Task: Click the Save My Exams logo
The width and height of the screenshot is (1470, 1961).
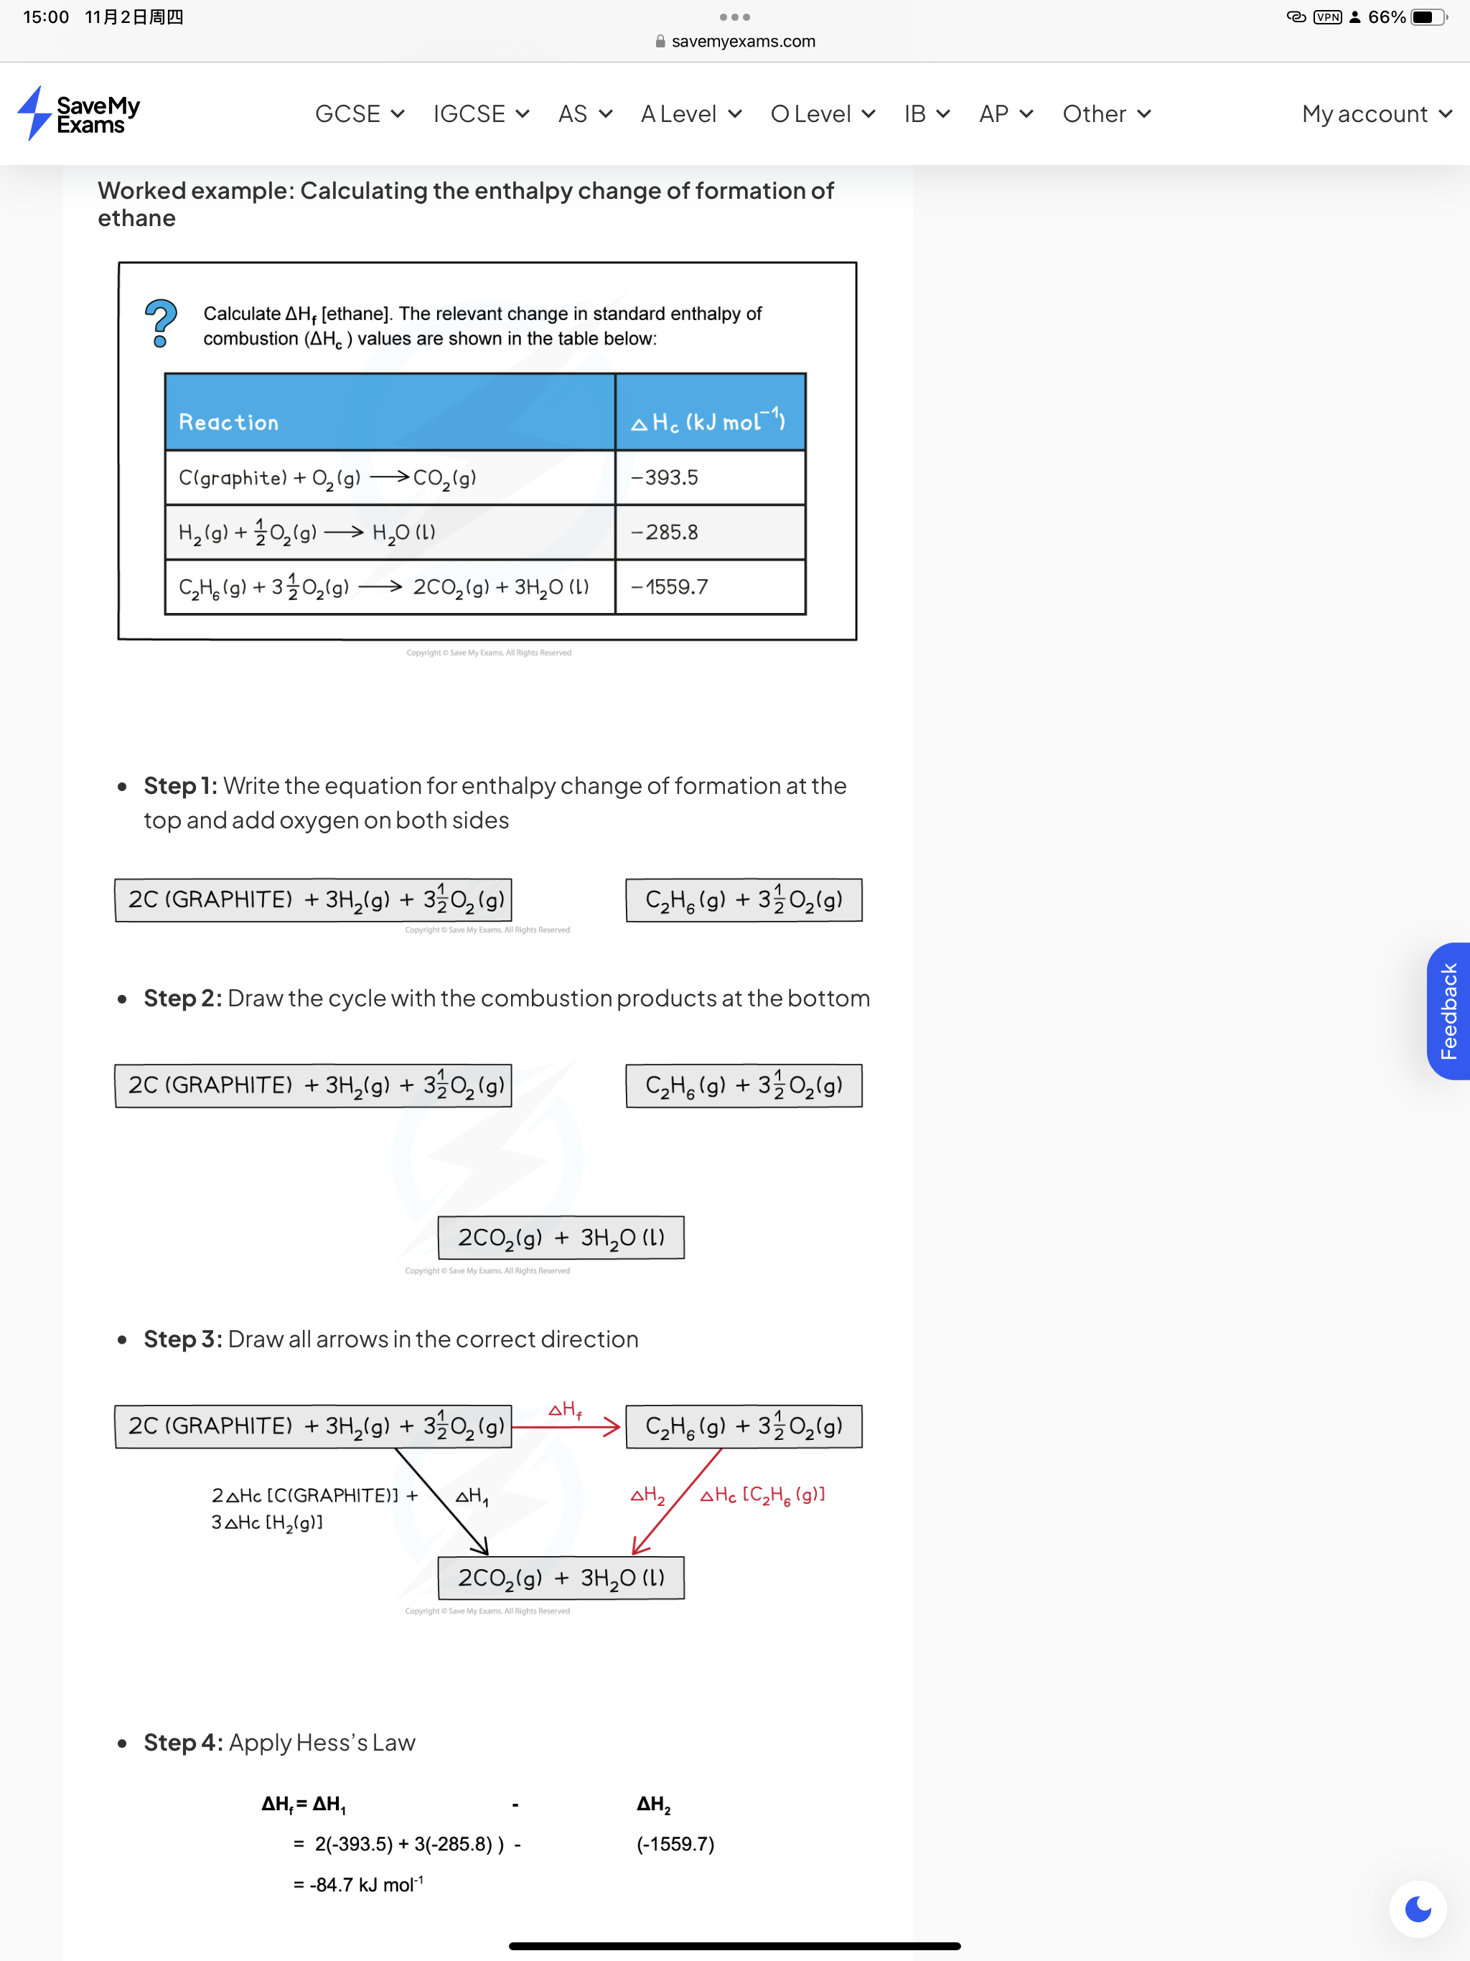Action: coord(79,113)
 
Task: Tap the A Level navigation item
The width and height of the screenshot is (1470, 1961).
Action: coord(691,113)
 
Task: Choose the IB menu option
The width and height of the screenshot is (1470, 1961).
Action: coord(927,113)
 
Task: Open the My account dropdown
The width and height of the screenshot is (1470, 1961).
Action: coord(1377,113)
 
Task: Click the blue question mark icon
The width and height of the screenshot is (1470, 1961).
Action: coord(161,323)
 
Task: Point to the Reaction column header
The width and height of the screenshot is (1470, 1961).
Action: coord(229,422)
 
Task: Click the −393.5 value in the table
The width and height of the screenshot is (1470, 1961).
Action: coord(664,478)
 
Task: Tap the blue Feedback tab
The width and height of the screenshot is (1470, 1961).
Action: coord(1448,1011)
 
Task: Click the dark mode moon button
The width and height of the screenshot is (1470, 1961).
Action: coord(1418,1909)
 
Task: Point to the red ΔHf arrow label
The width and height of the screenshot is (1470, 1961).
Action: coord(565,1410)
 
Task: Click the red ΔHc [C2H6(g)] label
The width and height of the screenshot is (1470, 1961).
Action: coord(762,1496)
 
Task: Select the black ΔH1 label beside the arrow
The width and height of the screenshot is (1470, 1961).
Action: coord(472,1497)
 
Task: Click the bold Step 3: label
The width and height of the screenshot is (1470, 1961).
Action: coord(182,1339)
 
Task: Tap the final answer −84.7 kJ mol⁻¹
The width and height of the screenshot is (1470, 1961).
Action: coord(358,1884)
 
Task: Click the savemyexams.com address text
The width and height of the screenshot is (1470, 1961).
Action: coord(743,41)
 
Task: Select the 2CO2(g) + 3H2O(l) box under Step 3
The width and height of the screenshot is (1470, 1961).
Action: coord(561,1578)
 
